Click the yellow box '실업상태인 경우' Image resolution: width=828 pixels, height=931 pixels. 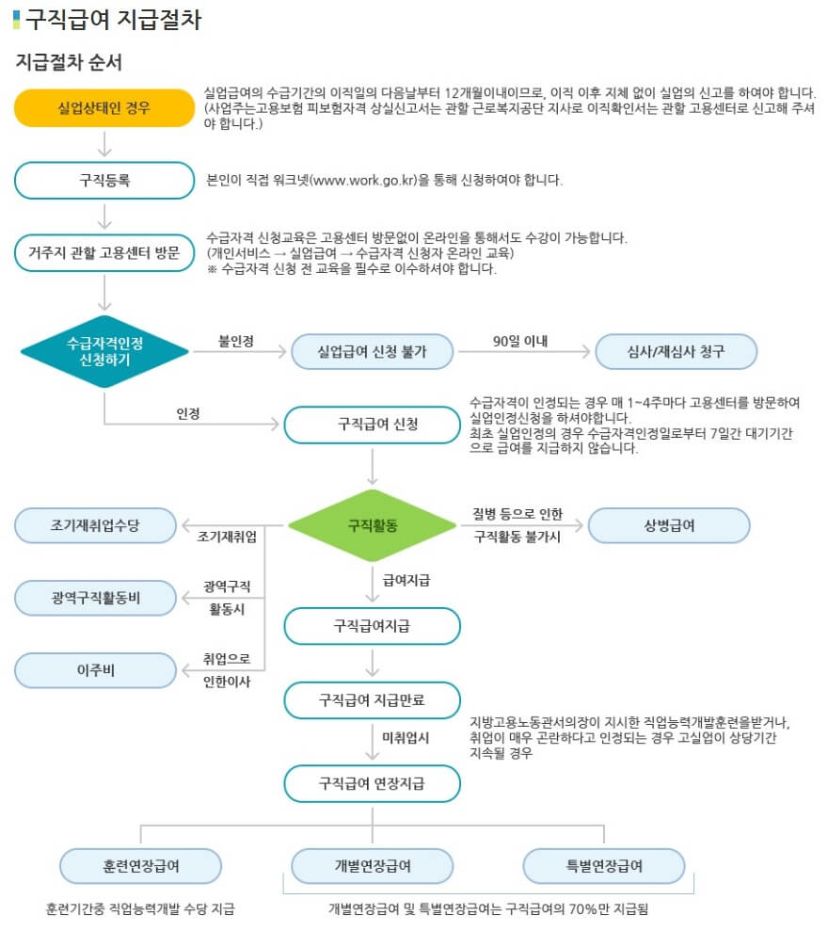103,108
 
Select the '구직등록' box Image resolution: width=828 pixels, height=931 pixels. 103,180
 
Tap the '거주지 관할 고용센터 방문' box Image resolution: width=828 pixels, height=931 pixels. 103,252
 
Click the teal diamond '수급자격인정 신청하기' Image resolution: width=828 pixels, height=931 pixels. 104,351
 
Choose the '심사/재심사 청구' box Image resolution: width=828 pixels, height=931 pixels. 676,352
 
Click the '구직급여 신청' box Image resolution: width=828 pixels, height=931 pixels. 372,424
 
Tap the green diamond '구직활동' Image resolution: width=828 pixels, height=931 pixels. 372,525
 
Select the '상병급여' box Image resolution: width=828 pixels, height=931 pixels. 668,525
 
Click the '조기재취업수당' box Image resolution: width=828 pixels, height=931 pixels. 95,525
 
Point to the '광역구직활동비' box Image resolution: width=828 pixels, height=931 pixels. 95,597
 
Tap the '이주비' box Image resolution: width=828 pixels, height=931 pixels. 95,669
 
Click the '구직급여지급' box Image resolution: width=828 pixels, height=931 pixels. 372,625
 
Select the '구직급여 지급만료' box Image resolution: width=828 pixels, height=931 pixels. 372,698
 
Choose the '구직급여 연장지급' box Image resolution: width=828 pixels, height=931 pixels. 372,782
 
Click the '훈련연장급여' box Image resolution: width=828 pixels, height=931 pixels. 140,865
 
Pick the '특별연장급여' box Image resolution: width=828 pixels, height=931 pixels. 603,865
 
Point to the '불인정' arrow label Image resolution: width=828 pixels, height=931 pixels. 235,340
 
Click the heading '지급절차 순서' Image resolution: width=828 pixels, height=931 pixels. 69,62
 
